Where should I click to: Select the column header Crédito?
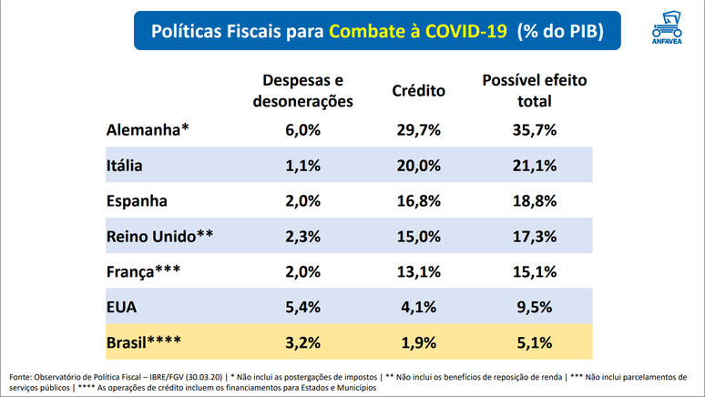tap(418, 91)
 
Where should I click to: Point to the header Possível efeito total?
tap(534, 91)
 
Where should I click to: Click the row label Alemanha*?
tap(148, 129)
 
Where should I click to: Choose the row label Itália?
tap(126, 167)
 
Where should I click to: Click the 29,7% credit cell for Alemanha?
tap(418, 129)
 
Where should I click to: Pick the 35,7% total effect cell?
tap(534, 129)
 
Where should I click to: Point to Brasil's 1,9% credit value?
tap(418, 342)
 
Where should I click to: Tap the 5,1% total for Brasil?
tap(534, 342)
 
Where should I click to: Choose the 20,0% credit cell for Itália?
tap(418, 167)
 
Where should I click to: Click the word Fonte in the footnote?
tap(23, 375)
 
